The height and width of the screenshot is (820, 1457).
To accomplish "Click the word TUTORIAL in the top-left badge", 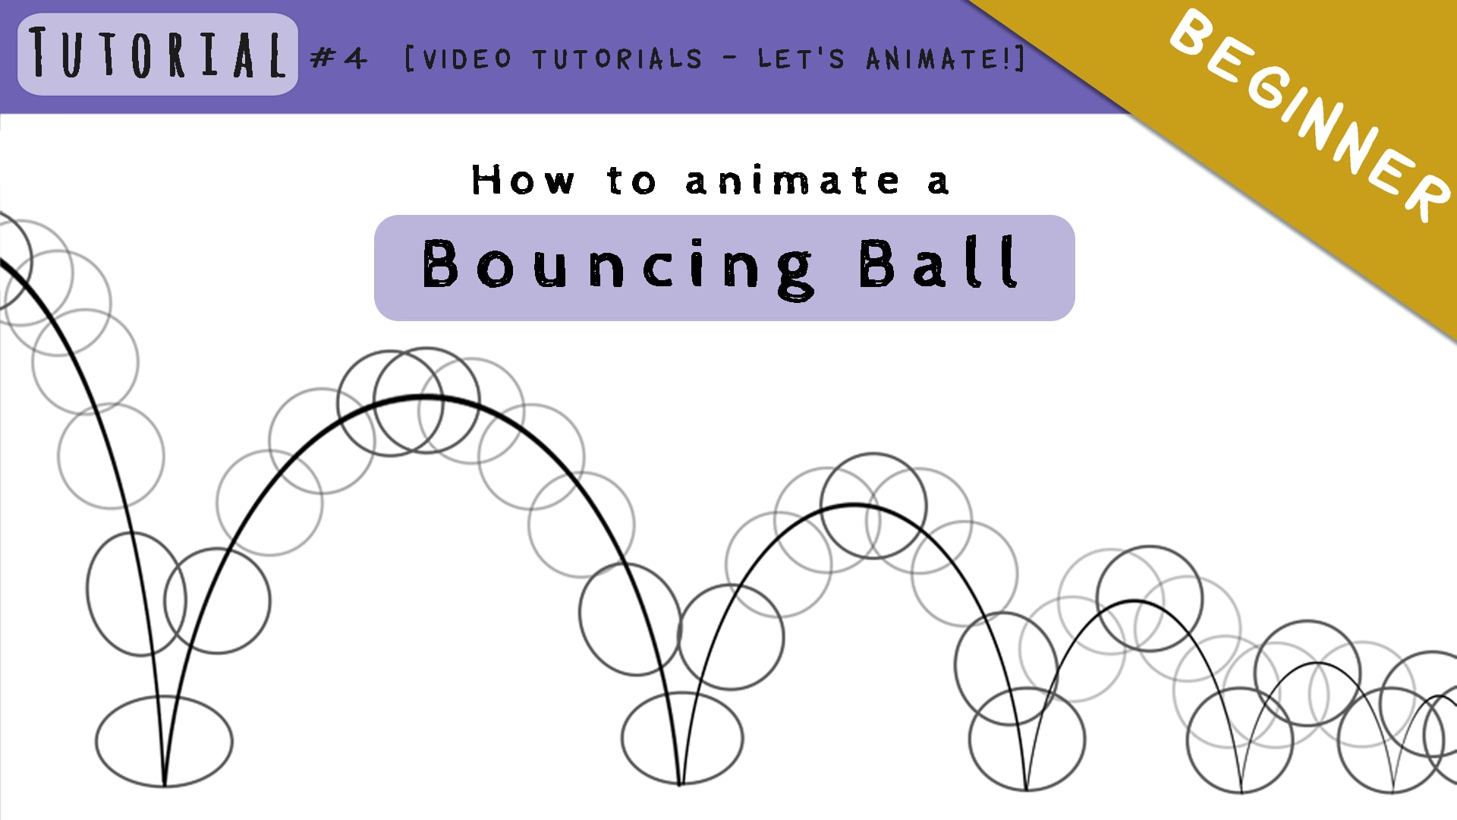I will click(158, 54).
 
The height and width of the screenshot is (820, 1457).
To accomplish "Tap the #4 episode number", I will click(338, 58).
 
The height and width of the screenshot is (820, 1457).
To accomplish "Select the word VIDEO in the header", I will click(467, 58).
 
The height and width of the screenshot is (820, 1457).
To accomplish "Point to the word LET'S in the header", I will click(801, 58).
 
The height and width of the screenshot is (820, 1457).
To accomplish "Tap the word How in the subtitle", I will click(523, 181).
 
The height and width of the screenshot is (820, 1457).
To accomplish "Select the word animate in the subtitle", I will click(792, 181).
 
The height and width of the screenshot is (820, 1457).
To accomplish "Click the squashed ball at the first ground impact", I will click(164, 741).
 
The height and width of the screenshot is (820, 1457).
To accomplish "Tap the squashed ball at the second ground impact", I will click(682, 738).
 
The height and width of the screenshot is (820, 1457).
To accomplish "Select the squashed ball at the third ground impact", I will click(1027, 740).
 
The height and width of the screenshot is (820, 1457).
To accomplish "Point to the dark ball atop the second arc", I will click(873, 506).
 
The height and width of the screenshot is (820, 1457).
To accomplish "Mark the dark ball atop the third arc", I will click(1149, 598).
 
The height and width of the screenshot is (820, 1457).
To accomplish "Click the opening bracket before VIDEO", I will click(410, 58).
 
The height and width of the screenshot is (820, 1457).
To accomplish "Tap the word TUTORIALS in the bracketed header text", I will click(617, 58).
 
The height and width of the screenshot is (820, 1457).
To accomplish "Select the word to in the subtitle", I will click(631, 181).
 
